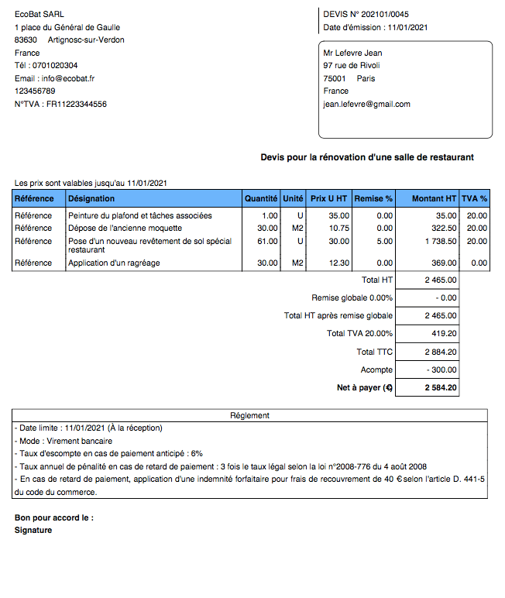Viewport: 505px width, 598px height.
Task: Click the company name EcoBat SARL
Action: click(x=40, y=14)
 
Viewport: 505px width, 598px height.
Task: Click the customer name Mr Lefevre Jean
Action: click(x=352, y=53)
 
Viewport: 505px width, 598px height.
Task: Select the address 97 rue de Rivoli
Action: click(x=352, y=66)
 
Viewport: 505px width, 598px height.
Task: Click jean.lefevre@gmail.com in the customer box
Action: click(x=366, y=104)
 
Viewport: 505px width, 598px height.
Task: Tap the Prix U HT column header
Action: click(x=328, y=199)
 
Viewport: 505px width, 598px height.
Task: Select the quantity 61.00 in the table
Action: click(x=268, y=242)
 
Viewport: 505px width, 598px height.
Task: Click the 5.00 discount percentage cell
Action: click(x=384, y=242)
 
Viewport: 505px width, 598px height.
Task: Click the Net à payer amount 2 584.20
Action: click(x=440, y=388)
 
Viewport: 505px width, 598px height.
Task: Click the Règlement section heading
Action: click(x=249, y=416)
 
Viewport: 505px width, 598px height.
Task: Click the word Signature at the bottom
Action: click(x=33, y=531)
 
